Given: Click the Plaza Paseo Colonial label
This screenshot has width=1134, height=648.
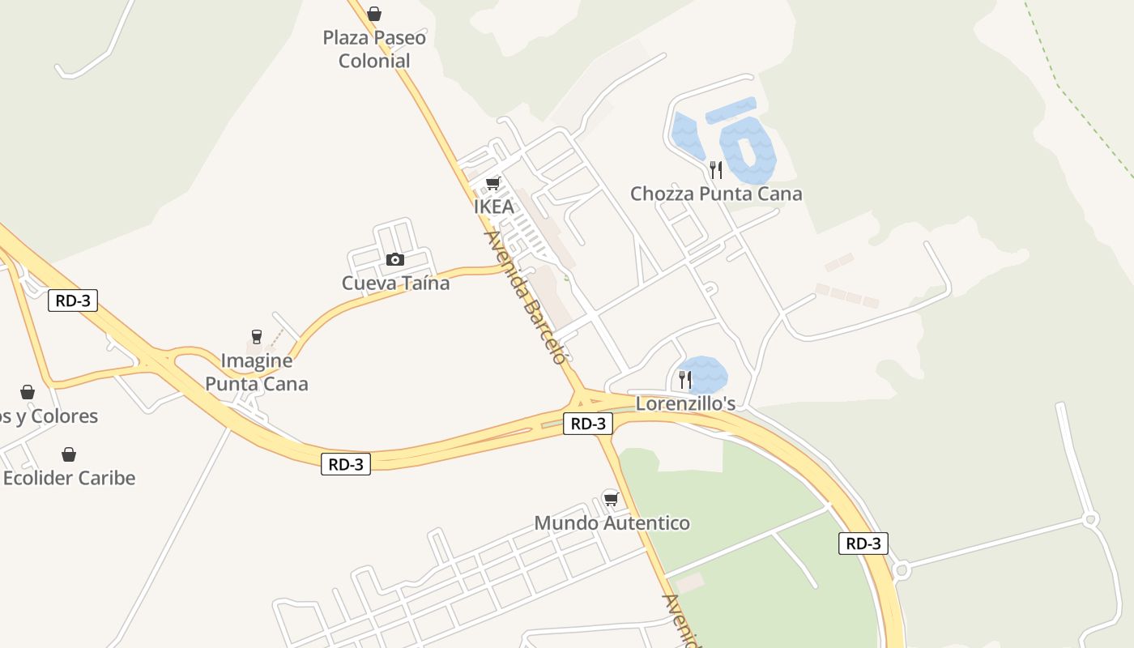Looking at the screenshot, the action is [x=374, y=49].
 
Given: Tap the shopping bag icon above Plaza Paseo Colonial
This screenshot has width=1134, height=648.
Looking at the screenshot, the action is [x=374, y=14].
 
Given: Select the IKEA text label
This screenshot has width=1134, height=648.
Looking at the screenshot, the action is [x=493, y=207].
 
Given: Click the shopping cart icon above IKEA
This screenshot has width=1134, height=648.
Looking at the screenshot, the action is [x=492, y=183].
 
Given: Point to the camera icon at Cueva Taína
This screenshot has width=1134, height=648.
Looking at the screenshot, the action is [x=395, y=259].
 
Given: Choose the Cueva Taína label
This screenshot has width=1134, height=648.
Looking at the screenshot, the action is [x=395, y=283].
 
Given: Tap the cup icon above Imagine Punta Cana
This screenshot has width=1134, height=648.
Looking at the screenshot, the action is [x=257, y=337].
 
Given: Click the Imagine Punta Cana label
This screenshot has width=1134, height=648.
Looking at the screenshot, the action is [x=257, y=372].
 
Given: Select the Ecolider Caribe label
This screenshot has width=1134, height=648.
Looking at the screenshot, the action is [x=69, y=478].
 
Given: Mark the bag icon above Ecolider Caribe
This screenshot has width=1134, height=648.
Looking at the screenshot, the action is [x=69, y=454].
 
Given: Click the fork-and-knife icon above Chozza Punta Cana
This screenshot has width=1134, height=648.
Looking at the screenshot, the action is [x=715, y=169].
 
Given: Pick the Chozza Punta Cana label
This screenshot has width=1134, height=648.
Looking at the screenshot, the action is [x=716, y=194].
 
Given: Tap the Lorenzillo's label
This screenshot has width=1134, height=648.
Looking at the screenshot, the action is [x=685, y=403].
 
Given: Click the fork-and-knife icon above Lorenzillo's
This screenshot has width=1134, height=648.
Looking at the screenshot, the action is [x=685, y=379].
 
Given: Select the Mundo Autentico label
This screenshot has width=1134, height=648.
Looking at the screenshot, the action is [x=612, y=523].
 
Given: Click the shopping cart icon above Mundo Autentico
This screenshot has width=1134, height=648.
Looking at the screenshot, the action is [x=612, y=499].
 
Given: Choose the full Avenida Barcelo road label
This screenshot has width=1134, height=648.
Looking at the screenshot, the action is [x=525, y=297].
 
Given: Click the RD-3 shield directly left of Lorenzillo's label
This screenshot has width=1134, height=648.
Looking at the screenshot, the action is [x=588, y=423].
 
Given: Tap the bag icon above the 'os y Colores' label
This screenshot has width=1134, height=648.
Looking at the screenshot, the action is [x=28, y=393].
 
